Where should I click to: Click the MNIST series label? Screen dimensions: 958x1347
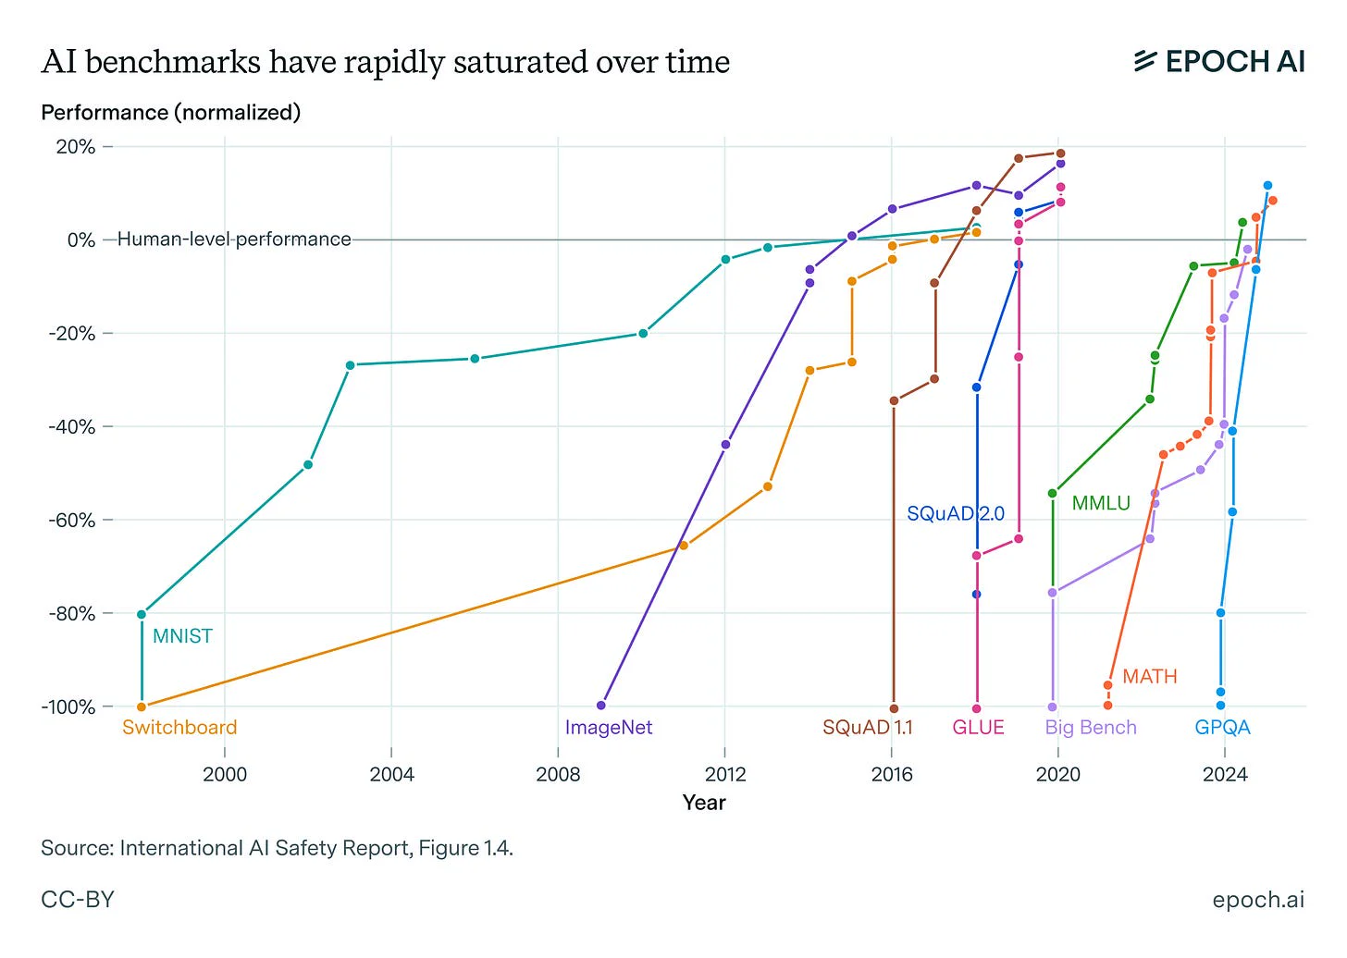(x=182, y=636)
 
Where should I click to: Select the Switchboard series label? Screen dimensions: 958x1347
(x=179, y=728)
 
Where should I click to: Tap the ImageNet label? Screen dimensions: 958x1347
(x=609, y=728)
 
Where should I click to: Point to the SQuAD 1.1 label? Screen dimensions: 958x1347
(x=867, y=728)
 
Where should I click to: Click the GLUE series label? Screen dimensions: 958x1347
(x=978, y=728)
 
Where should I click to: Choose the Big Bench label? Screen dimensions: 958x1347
(x=1091, y=728)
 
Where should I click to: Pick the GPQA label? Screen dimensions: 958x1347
(x=1222, y=728)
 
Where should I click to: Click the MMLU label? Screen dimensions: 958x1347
(x=1101, y=504)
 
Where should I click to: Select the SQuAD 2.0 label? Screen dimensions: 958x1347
(x=955, y=514)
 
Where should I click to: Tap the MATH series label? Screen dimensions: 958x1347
(x=1149, y=677)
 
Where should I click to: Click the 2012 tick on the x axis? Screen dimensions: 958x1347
(x=725, y=774)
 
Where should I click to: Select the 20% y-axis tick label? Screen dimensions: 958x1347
(x=76, y=147)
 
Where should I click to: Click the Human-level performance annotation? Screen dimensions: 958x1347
(x=234, y=239)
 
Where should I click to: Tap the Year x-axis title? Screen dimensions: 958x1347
(x=704, y=803)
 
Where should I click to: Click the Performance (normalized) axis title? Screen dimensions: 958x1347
(x=171, y=113)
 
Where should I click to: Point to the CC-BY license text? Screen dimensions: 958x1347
(x=78, y=900)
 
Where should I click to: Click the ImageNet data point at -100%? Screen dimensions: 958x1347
(x=601, y=706)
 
